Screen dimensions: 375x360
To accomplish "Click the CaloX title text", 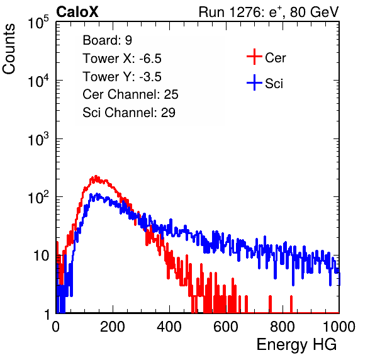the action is (x=77, y=12).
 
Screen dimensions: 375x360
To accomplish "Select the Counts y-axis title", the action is (x=9, y=49).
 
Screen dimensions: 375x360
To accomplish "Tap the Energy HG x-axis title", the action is (x=296, y=345).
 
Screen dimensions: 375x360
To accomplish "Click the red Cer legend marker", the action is (x=254, y=57).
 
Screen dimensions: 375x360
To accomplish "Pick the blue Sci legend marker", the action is (x=254, y=83).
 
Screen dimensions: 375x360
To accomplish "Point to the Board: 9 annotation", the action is (x=108, y=40).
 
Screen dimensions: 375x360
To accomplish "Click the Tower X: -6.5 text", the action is (x=122, y=59).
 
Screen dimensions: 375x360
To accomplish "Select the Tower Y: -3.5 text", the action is (x=122, y=77).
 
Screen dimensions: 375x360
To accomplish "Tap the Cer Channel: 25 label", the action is (x=130, y=94).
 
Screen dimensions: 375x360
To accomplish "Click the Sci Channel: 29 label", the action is (x=129, y=113).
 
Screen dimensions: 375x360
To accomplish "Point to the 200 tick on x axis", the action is (x=113, y=327).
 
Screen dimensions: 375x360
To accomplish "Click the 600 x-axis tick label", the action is (x=226, y=327).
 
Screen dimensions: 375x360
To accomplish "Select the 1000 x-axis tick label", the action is (x=339, y=327).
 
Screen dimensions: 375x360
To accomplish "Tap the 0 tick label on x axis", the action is (x=56, y=327).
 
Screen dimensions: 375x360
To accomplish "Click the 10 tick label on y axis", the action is (x=42, y=256).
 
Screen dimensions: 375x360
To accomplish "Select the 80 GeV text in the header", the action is (x=314, y=12).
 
